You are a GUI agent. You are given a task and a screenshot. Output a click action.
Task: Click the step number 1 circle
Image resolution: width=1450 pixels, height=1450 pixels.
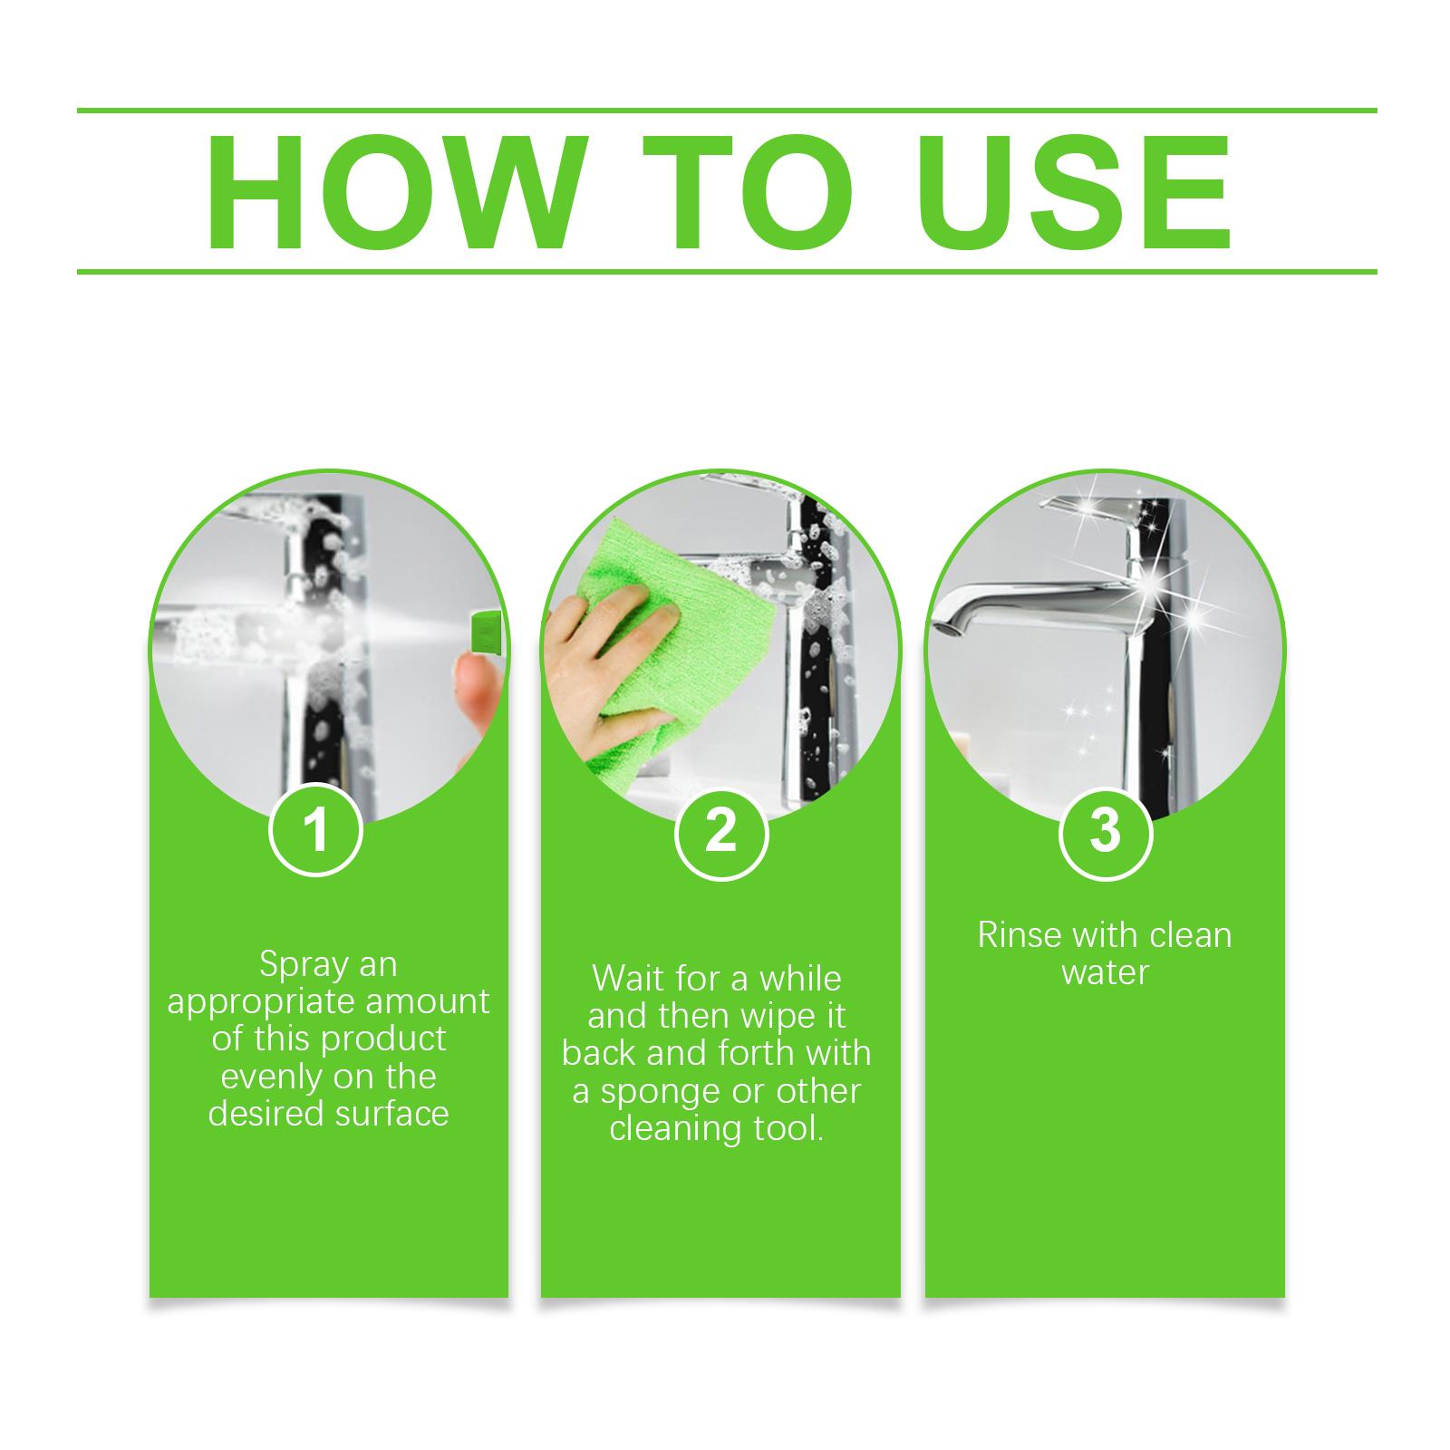click(316, 830)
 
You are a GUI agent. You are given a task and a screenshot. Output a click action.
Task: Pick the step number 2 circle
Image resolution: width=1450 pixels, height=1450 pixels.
click(721, 830)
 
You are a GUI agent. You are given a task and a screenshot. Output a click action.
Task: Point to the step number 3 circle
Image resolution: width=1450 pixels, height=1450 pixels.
click(1105, 830)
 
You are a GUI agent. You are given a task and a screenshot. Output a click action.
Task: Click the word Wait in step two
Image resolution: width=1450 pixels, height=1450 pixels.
click(626, 979)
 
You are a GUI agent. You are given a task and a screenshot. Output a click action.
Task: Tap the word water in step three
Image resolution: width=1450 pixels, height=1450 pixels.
click(1105, 972)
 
